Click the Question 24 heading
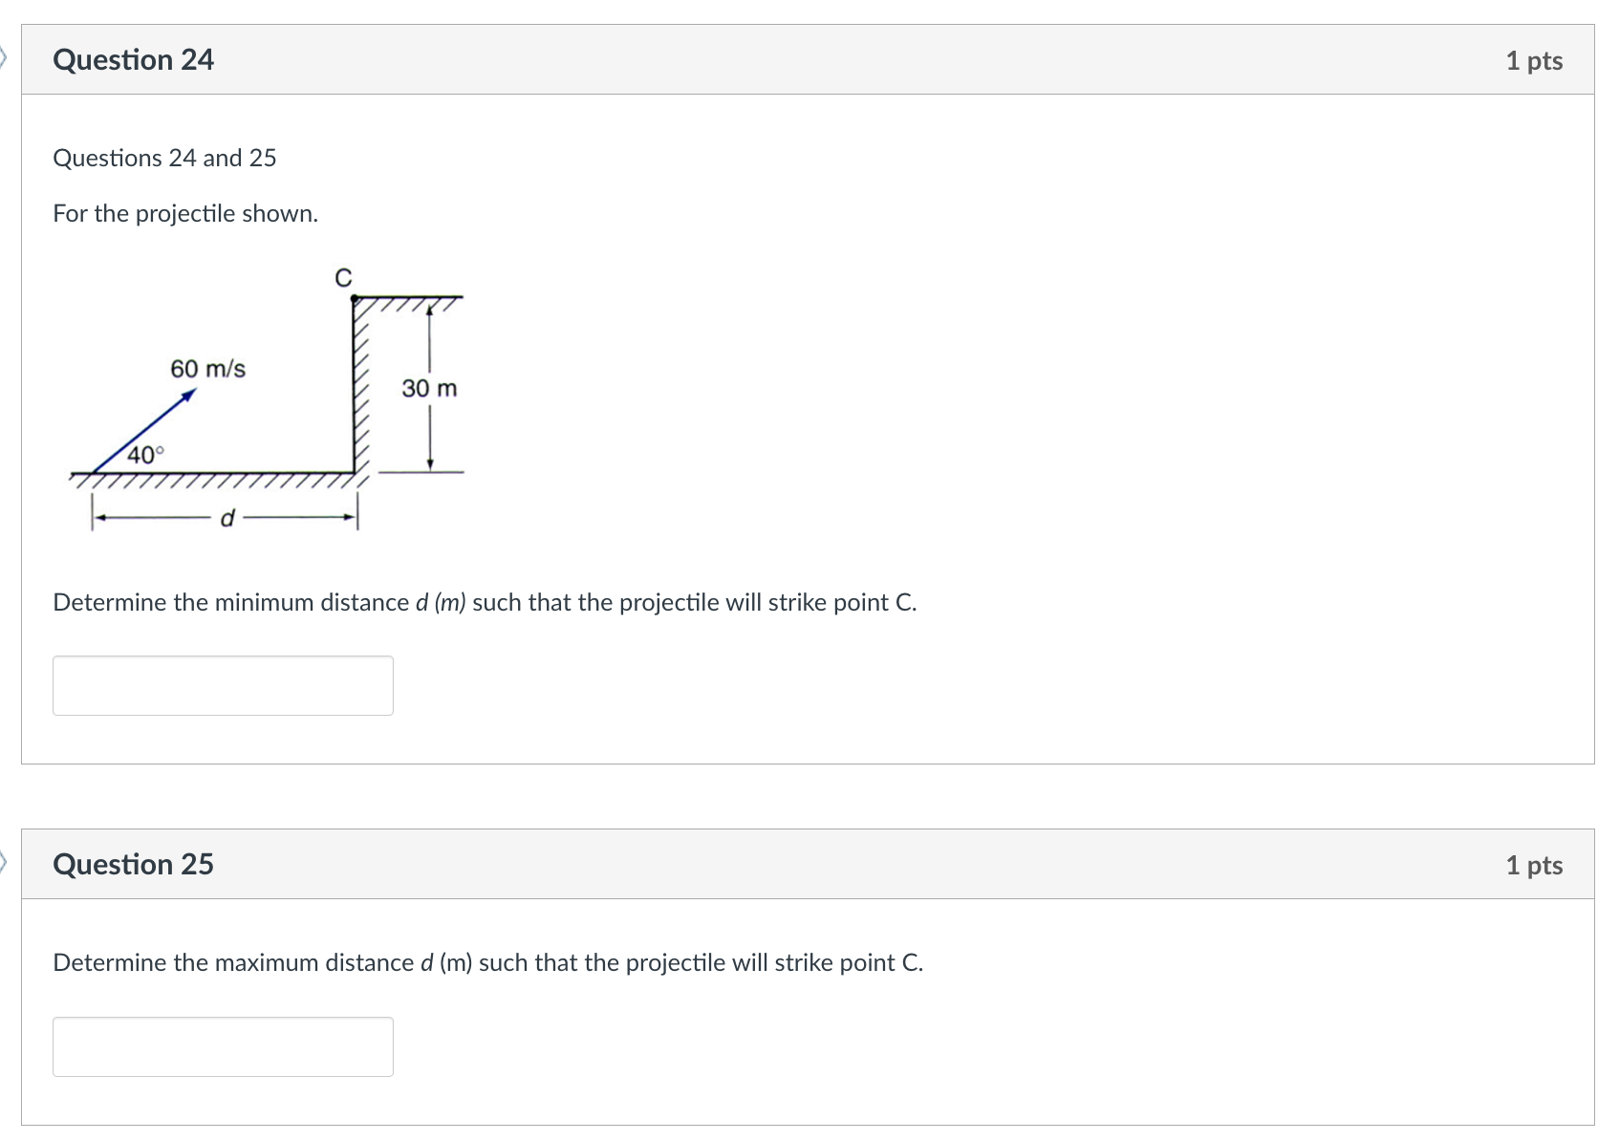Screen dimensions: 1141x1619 [133, 60]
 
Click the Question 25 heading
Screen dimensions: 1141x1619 [133, 865]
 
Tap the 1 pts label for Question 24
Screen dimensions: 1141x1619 [1533, 61]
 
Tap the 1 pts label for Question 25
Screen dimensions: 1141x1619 [1533, 866]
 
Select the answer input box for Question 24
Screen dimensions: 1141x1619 [223, 685]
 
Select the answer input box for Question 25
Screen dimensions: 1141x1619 [223, 1046]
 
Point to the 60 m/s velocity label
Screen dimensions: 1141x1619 [207, 369]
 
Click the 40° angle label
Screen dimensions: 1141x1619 [145, 455]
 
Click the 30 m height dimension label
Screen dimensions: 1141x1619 [429, 389]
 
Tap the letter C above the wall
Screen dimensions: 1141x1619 [343, 278]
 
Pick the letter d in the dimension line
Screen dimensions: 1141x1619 [227, 519]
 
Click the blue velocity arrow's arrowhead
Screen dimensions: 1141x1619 [189, 394]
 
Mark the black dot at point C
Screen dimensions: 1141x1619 [355, 299]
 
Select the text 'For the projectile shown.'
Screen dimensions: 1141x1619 [185, 214]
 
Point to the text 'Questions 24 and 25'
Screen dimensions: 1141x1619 [164, 159]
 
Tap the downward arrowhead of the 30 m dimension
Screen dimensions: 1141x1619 [430, 464]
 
